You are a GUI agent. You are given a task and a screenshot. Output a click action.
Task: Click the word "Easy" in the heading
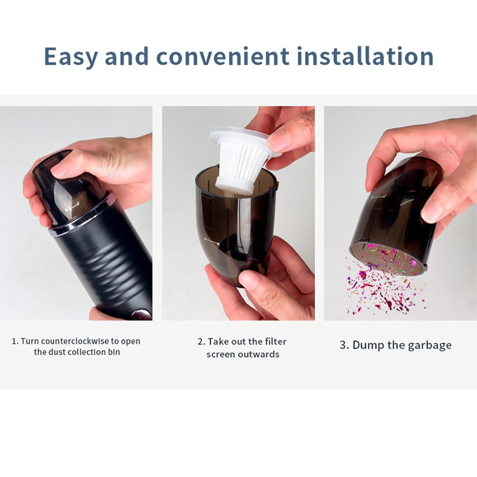(71, 57)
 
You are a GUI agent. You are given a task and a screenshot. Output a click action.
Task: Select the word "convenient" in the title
(223, 57)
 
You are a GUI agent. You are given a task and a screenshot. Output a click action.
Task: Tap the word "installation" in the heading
(365, 57)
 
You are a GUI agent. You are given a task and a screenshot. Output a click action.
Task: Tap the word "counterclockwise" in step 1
(75, 341)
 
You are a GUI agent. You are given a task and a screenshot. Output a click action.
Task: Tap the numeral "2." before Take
(201, 342)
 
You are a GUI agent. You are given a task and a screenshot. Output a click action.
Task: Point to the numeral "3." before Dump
(344, 345)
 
